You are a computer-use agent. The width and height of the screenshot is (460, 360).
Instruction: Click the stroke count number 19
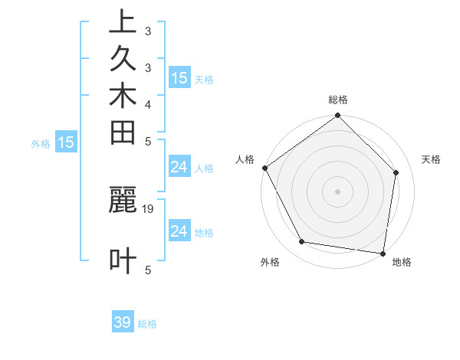pos(149,208)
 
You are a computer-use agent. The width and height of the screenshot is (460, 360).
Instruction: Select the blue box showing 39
pos(123,322)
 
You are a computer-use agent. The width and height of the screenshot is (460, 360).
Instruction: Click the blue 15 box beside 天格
pos(179,77)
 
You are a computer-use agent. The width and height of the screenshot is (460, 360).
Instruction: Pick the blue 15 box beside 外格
pos(66,142)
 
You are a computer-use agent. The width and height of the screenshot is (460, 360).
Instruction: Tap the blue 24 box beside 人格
pos(179,168)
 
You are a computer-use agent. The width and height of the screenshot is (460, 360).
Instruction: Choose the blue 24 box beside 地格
pos(179,231)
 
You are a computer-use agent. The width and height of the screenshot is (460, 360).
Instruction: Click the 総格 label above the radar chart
pos(338,100)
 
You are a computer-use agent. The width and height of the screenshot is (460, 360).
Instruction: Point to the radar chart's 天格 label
pos(432,159)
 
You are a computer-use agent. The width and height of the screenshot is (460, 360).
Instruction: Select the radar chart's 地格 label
pos(402,262)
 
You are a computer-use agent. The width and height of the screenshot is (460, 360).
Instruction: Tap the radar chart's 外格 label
pos(270,262)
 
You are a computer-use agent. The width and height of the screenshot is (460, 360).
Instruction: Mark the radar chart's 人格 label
pos(245,159)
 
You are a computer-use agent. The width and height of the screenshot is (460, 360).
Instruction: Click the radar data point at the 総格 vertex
pos(338,116)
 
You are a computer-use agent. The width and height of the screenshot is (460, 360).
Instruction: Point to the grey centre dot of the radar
pos(338,191)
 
